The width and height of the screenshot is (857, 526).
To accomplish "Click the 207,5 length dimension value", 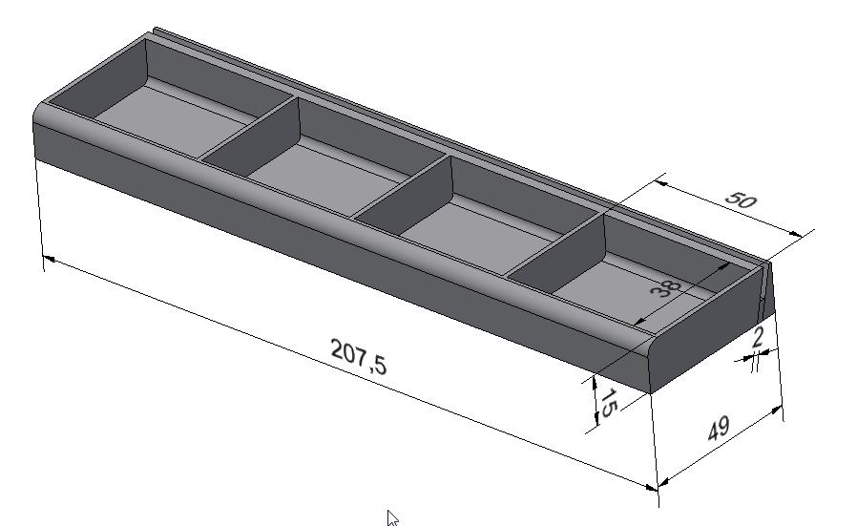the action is click(359, 356).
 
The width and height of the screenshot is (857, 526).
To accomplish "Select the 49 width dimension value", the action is click(719, 428).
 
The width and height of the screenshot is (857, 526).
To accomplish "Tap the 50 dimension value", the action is click(742, 200).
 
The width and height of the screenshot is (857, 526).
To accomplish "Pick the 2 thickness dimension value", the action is click(758, 337).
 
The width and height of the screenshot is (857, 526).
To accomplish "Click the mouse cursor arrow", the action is click(392, 517).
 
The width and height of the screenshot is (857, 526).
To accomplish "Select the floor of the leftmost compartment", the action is click(174, 120).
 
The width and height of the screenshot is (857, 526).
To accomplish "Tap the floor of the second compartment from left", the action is click(326, 176).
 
